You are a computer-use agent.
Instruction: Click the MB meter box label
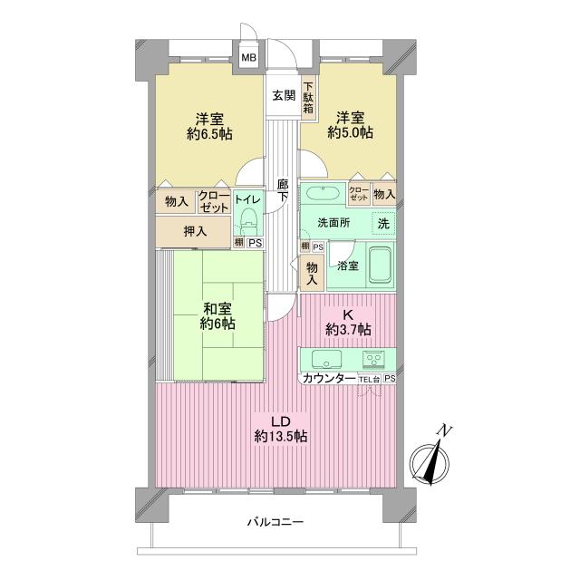pos(248,59)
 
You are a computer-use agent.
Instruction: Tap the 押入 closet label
pos(195,231)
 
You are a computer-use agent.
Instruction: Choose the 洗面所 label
pos(332,223)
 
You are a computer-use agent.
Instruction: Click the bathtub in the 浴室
pos(380,265)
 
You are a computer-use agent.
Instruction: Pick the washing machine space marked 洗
pos(383,223)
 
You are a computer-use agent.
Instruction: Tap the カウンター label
pos(329,378)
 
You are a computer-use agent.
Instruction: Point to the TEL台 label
pos(369,378)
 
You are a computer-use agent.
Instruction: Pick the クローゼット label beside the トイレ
pos(214,200)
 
